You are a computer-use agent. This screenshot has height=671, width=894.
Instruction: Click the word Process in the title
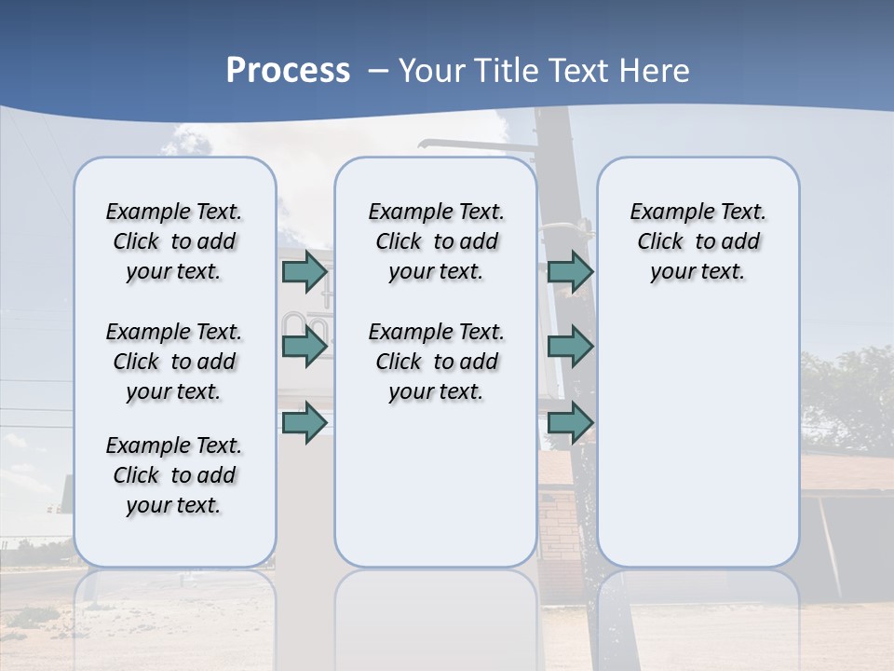(288, 71)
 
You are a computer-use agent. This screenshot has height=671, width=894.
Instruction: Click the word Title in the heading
(509, 71)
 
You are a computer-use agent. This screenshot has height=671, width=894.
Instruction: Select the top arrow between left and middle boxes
(305, 272)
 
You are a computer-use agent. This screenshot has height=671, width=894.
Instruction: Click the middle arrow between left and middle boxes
(305, 347)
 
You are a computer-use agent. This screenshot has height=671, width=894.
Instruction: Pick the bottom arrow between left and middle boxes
(305, 423)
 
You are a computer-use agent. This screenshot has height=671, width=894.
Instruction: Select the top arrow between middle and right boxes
(570, 272)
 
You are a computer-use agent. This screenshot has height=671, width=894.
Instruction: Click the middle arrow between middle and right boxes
(570, 347)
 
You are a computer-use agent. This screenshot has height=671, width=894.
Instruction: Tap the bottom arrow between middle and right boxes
(570, 423)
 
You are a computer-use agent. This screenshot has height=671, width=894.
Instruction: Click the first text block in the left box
(174, 241)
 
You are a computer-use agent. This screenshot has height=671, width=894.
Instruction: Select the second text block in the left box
(174, 362)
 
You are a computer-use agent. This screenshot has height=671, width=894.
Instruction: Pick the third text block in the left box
(174, 475)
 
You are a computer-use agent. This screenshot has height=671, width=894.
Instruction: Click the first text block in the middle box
(437, 241)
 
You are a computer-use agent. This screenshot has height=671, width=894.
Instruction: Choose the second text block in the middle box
(437, 362)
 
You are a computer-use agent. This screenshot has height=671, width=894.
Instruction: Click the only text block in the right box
(698, 241)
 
